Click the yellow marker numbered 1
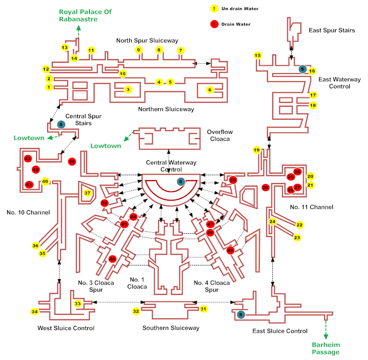point(49,87)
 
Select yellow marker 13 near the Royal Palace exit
point(65,48)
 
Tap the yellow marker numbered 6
point(209,90)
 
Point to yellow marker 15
point(258,56)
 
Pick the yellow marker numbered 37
point(87,193)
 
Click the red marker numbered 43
point(27,159)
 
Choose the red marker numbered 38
point(104,203)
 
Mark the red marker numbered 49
point(231,250)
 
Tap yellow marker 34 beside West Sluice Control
point(35,312)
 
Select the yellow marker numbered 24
point(272,222)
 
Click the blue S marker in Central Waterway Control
point(180,181)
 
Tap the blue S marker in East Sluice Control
point(241,314)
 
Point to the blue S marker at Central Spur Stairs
point(61,124)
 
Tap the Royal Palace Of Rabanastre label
point(78,15)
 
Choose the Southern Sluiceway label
point(171,328)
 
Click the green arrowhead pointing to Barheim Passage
point(326,337)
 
